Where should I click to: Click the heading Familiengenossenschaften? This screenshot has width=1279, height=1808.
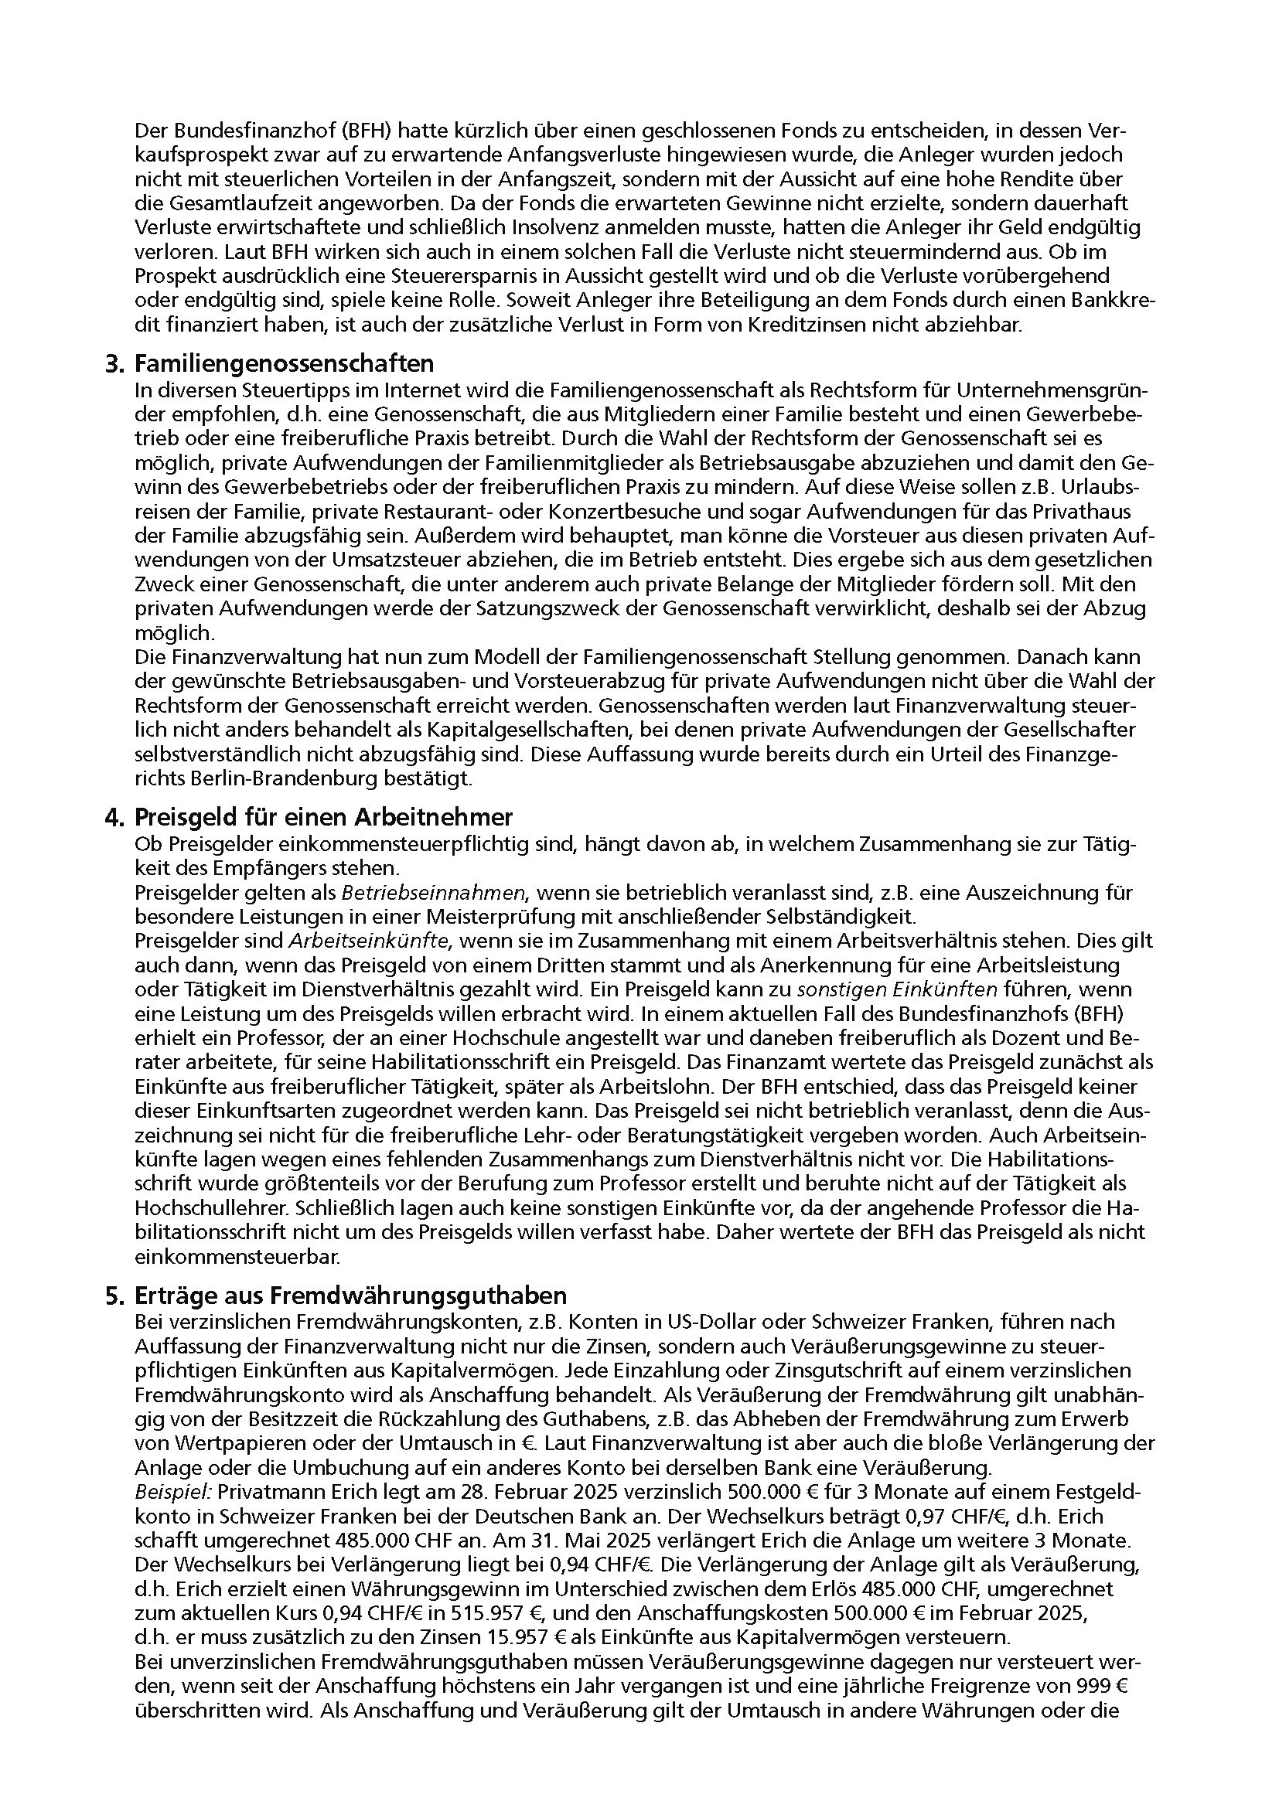pyautogui.click(x=285, y=364)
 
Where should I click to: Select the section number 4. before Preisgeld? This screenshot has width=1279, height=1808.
pyautogui.click(x=115, y=816)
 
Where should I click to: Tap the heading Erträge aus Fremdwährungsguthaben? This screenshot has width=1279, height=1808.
pyautogui.click(x=351, y=1296)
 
